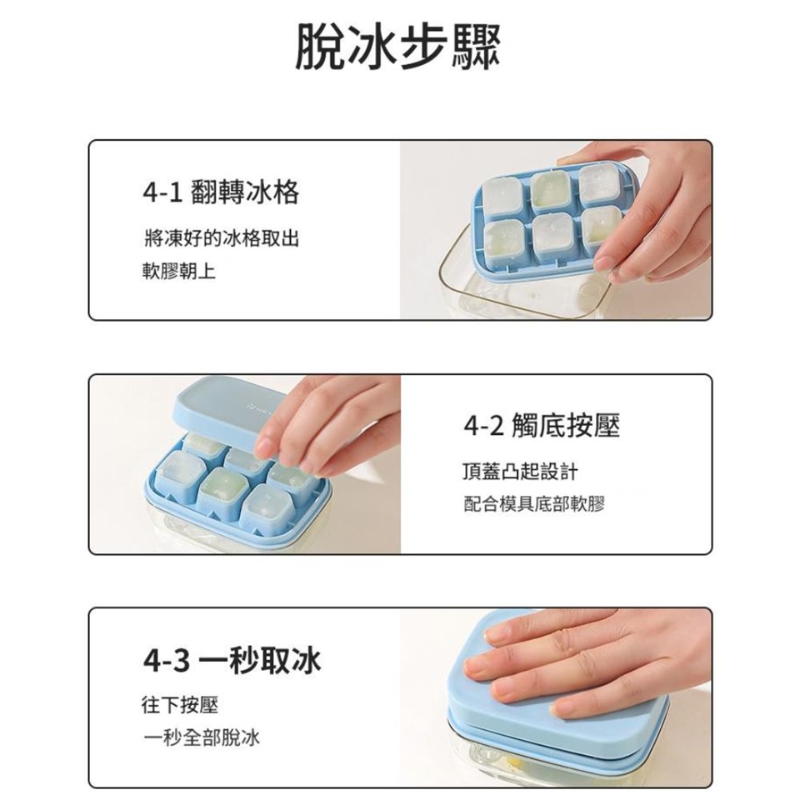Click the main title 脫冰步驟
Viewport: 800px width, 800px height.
(398, 47)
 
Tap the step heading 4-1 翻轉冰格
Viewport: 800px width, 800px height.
(221, 192)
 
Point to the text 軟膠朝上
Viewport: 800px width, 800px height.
(180, 271)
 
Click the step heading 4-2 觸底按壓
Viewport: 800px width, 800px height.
(542, 426)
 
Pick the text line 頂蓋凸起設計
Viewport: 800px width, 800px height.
(520, 472)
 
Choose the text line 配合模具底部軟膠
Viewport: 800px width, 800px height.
(533, 504)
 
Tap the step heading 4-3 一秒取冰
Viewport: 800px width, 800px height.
(232, 660)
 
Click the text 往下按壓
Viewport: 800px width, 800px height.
(180, 705)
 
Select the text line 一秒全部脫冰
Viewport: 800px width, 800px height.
(202, 737)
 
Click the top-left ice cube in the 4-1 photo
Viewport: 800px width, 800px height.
(502, 195)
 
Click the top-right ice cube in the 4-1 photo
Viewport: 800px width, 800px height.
(600, 182)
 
